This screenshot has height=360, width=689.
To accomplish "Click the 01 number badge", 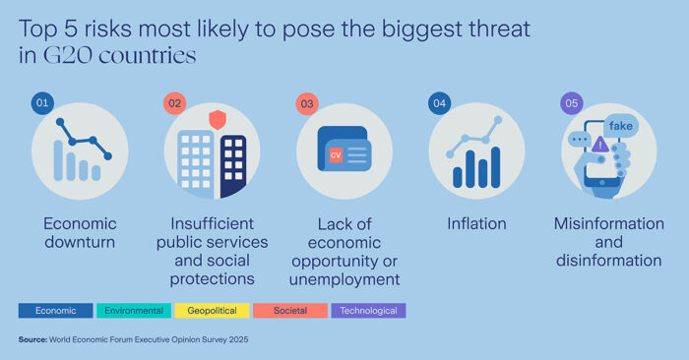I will [41, 103].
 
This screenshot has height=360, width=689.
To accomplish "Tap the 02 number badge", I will [173, 103].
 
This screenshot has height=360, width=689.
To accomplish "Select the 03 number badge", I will [306, 103].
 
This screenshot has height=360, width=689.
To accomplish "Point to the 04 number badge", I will [438, 103].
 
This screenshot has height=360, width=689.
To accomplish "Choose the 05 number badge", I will [570, 103].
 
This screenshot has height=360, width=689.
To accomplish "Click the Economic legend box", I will [55, 311].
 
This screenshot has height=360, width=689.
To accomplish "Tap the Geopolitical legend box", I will [211, 311].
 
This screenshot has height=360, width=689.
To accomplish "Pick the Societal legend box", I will [289, 311].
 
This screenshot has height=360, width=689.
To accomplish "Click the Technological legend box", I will [367, 311].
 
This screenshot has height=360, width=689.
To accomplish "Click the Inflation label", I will [475, 224].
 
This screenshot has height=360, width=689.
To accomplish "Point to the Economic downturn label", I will [80, 233].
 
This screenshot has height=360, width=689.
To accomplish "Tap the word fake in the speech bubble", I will [621, 126].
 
